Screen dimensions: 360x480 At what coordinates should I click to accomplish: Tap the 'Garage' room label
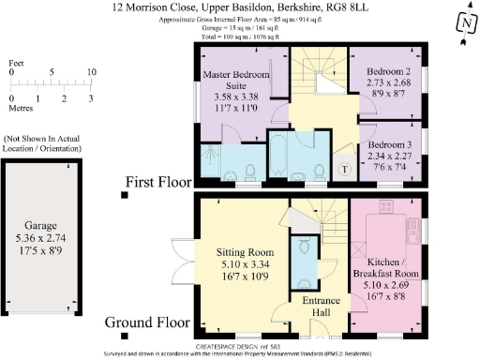point(41,226)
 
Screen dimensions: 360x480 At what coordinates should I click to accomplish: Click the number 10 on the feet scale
point(90,72)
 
